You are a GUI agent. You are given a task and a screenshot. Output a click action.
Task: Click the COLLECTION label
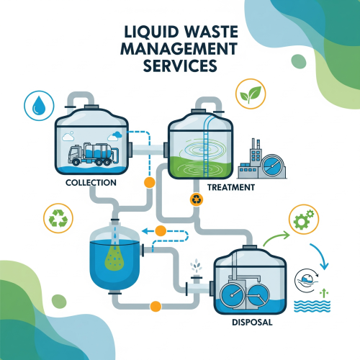[91, 183]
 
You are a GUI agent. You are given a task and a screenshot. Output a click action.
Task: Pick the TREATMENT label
[230, 187]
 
